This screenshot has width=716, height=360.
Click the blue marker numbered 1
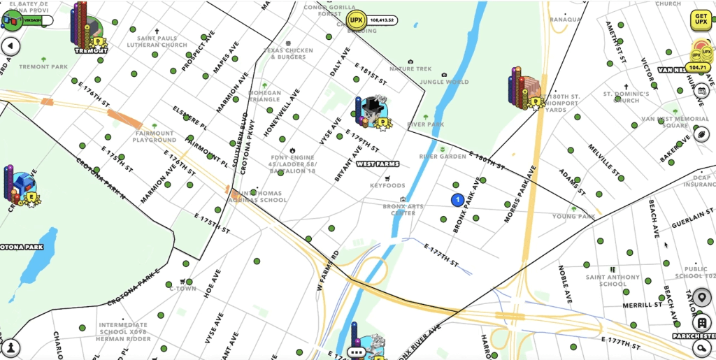coord(457,200)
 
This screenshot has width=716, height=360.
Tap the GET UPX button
coord(700,20)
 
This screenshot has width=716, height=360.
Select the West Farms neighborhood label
coord(378,164)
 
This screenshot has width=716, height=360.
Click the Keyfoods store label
coord(387,186)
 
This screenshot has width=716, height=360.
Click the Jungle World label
coord(444,82)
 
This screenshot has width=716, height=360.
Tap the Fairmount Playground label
coord(155,136)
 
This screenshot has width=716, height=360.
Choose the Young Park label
coord(573,217)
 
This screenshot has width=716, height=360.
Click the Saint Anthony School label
coord(612,280)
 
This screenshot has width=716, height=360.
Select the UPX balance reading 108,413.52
coord(382,20)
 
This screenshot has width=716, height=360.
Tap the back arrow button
coord(10,46)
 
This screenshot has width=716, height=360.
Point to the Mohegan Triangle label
coord(264,96)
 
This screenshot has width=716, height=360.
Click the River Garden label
coord(442,157)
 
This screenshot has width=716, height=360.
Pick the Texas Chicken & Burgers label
coord(289,53)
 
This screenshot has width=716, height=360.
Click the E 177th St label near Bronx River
coord(441,254)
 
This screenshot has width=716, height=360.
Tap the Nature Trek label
coord(410,69)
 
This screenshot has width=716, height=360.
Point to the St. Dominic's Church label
coord(626,96)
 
